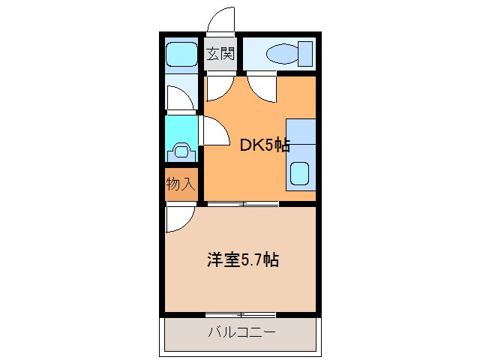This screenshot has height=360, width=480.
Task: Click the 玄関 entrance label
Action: [221, 54]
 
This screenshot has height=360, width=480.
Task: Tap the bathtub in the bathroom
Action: [181, 54]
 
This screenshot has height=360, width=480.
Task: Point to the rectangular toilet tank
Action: [304, 54]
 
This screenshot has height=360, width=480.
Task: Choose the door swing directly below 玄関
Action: [218, 88]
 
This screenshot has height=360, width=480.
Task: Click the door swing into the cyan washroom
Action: [214, 133]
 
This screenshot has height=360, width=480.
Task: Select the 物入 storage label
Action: [181, 184]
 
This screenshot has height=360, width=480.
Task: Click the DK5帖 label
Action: [264, 145]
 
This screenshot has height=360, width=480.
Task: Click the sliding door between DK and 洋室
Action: [241, 203]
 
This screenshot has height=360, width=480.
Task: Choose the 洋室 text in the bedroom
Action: [223, 261]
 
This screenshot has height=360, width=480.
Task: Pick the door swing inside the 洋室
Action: [178, 220]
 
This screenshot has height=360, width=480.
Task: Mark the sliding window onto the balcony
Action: [240, 313]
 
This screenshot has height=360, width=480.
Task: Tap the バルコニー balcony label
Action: [241, 332]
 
